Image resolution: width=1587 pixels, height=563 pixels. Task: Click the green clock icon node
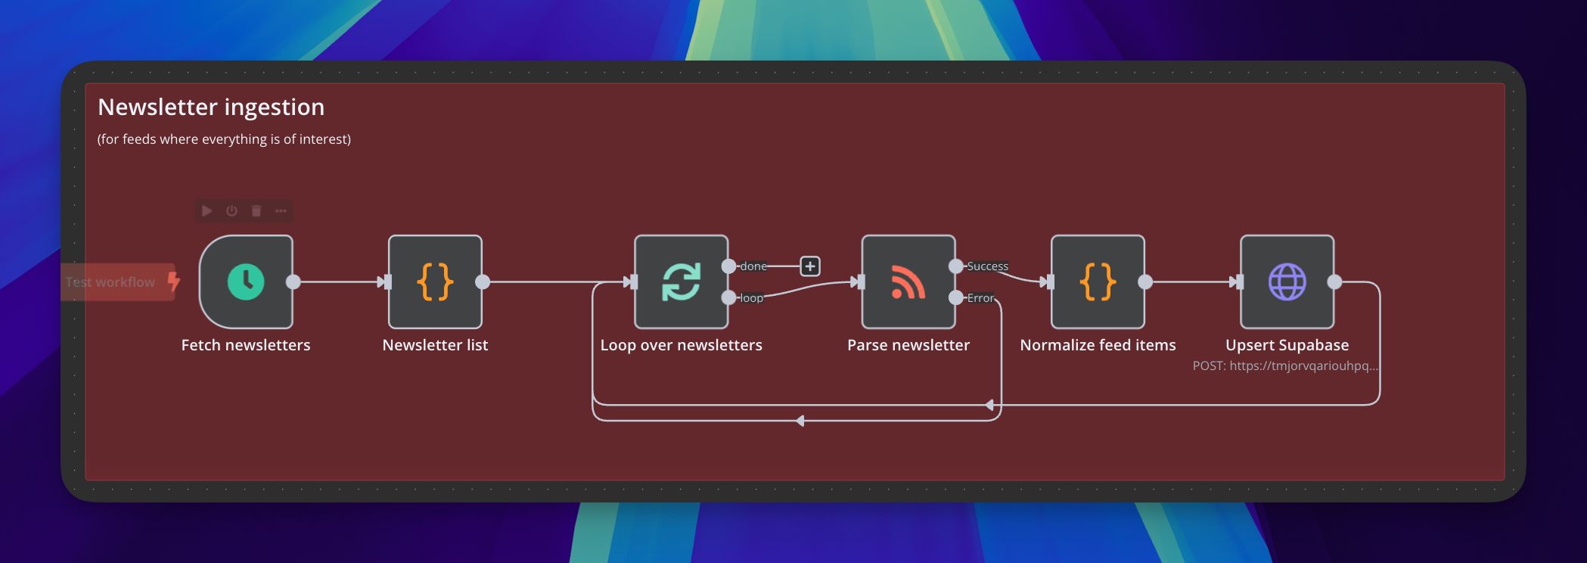246,282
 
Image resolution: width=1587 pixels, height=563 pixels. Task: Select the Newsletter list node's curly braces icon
435,282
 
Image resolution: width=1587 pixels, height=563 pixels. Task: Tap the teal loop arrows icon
681,282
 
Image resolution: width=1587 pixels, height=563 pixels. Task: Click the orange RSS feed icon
908,282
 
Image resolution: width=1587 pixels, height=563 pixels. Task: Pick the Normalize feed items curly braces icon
1098,282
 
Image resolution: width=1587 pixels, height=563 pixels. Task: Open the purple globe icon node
1287,282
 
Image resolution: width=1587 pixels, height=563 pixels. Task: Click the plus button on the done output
810,266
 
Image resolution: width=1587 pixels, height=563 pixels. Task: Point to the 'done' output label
753,266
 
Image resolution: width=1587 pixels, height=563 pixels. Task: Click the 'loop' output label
751,298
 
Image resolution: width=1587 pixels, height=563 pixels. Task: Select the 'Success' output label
987,266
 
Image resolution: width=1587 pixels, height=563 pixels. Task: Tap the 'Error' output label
980,298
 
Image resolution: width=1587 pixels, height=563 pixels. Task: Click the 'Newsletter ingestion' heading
211,107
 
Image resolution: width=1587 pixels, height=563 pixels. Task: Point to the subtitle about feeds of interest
224,139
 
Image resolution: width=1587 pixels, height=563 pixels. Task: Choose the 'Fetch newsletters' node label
246,345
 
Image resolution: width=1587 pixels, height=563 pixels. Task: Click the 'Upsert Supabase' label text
1287,345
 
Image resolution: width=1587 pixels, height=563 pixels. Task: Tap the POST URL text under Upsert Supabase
1285,366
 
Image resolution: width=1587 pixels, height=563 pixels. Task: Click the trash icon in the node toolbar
256,211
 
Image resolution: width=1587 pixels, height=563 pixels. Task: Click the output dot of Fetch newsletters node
293,282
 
